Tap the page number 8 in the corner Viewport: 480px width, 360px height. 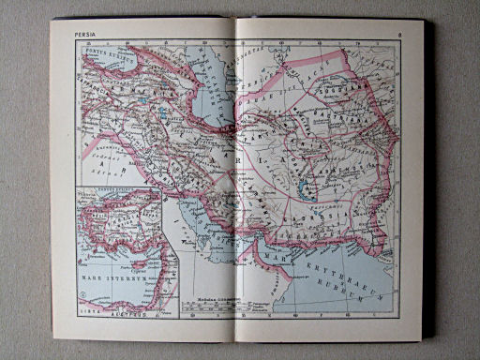(398, 35)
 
